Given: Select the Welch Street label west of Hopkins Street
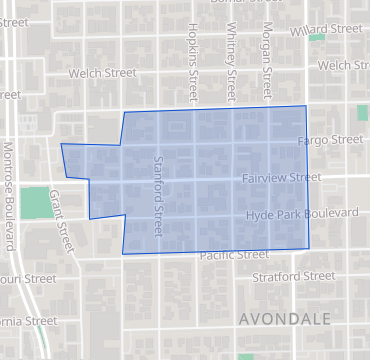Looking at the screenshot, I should point(102,73).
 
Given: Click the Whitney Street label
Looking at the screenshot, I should point(230,58).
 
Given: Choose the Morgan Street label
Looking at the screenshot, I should point(266,58).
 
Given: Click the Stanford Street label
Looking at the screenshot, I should point(158,196).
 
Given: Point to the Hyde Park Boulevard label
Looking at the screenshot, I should point(303,214).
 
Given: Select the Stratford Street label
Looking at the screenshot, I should point(293,275).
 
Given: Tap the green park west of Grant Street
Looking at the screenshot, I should point(35,203).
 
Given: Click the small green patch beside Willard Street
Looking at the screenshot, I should point(317,38).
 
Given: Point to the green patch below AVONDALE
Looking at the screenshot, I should point(247,355).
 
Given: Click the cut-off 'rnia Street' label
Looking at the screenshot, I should point(28,321).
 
